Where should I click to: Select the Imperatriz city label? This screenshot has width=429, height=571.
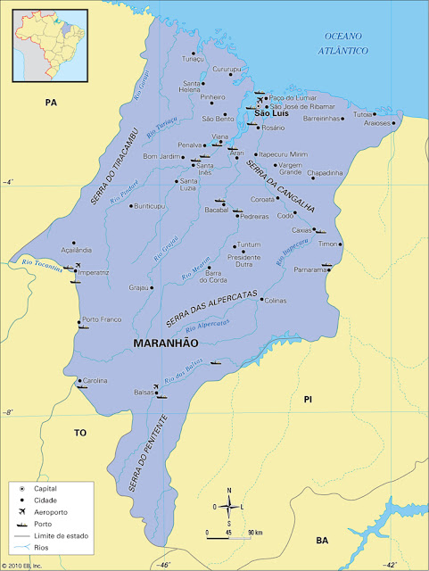91,272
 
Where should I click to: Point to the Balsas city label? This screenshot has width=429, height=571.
144,393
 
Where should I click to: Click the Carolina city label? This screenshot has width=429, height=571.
95,380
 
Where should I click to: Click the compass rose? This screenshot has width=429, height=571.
229,506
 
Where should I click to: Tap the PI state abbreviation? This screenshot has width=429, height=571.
309,399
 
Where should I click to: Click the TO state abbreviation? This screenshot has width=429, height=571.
79,432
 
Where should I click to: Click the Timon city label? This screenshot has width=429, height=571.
328,244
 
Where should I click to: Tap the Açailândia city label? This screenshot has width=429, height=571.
52,251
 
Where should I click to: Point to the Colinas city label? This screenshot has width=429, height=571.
276,301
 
